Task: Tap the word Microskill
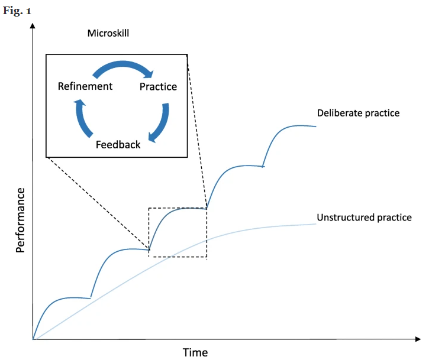[108, 34]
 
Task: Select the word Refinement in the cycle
[85, 86]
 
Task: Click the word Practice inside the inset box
[158, 87]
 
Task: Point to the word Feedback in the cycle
[118, 144]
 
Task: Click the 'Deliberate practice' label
[358, 113]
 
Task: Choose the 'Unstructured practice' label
[364, 218]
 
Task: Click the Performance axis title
[21, 220]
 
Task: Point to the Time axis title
[195, 352]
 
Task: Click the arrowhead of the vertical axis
[33, 25]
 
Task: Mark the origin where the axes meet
[33, 339]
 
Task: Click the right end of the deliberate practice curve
[315, 127]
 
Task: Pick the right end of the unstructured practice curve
[315, 223]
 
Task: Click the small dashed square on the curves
[178, 232]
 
